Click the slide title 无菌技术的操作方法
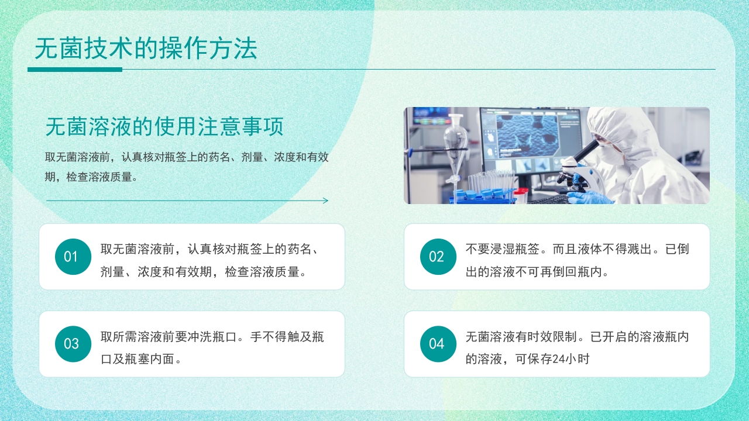coord(146,49)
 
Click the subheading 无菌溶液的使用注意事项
coord(164,126)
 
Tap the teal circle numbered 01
coord(73,257)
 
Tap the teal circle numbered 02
coord(438,257)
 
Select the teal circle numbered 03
coord(73,344)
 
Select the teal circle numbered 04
coord(438,344)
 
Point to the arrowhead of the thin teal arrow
coord(325,201)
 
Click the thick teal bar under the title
coord(75,70)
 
